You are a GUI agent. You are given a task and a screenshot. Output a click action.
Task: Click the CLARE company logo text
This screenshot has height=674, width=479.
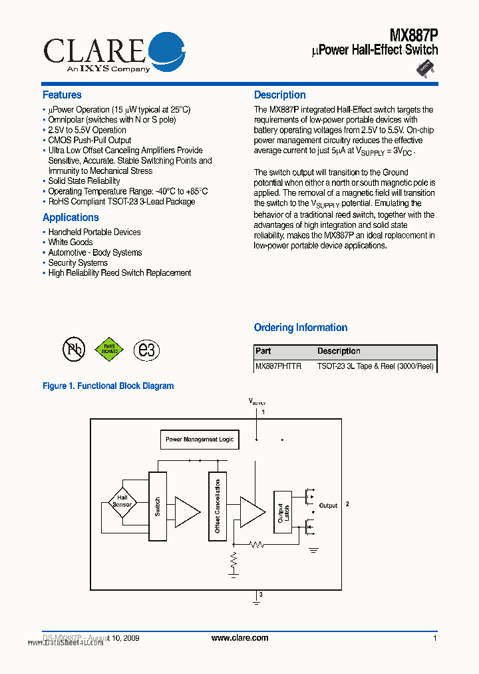click(x=93, y=49)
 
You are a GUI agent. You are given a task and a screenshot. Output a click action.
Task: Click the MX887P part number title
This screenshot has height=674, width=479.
click(x=413, y=33)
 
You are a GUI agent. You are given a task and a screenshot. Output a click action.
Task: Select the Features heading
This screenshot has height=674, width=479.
click(x=62, y=95)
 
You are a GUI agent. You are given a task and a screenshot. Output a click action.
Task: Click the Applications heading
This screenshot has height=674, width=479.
click(x=71, y=218)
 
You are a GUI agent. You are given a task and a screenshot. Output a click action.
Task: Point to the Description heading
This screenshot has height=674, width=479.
click(x=279, y=95)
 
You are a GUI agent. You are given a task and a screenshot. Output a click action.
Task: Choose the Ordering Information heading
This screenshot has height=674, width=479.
click(x=300, y=328)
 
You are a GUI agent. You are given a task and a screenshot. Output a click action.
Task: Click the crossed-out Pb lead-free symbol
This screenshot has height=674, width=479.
click(x=73, y=350)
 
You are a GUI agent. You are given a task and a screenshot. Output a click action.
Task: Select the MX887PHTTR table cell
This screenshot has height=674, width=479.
click(x=278, y=366)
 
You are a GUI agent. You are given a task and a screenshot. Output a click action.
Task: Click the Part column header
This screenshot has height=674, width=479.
click(x=263, y=351)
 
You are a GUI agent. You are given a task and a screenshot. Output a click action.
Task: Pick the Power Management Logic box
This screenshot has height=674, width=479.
click(x=200, y=440)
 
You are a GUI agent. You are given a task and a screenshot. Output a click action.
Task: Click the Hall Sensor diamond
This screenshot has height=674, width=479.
click(x=122, y=502)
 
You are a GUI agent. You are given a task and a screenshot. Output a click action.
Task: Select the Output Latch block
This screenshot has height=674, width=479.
click(x=282, y=511)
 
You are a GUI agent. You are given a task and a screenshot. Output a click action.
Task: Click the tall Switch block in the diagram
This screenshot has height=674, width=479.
click(x=158, y=506)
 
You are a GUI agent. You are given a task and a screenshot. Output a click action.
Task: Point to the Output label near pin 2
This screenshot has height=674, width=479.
click(x=328, y=506)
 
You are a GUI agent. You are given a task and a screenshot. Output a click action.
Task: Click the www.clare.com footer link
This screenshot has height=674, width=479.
click(x=239, y=638)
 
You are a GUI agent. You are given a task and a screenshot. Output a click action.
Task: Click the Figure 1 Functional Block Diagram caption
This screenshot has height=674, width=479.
click(x=108, y=386)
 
